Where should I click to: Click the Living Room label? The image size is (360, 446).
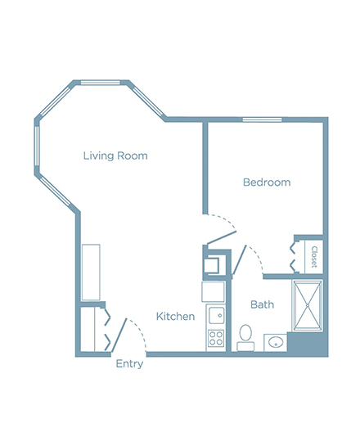click(115, 155)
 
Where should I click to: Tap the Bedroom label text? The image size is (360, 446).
click(267, 182)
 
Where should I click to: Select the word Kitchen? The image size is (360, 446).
click(175, 317)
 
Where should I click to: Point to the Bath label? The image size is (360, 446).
click(262, 304)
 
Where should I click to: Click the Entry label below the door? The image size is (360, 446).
click(129, 364)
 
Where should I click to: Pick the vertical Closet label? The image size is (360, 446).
click(314, 257)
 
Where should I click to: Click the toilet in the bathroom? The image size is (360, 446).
click(245, 338)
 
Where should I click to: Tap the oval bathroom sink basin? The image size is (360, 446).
click(275, 342)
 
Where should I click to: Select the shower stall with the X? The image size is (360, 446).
click(307, 305)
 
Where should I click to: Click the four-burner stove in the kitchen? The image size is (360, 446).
click(215, 339)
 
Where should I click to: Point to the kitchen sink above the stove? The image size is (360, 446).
click(216, 316)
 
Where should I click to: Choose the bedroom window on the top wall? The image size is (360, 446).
click(262, 119)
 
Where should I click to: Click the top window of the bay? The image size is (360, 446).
click(101, 83)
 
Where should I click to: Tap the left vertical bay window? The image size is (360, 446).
click(37, 146)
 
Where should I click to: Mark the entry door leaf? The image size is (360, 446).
click(119, 335)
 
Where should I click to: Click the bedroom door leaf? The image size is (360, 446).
click(222, 238)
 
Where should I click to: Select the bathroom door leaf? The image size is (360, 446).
click(239, 259)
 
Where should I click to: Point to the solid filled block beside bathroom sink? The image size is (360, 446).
click(308, 344)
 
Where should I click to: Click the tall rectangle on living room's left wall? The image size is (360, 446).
click(91, 273)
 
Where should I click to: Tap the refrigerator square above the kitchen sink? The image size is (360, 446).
click(213, 291)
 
